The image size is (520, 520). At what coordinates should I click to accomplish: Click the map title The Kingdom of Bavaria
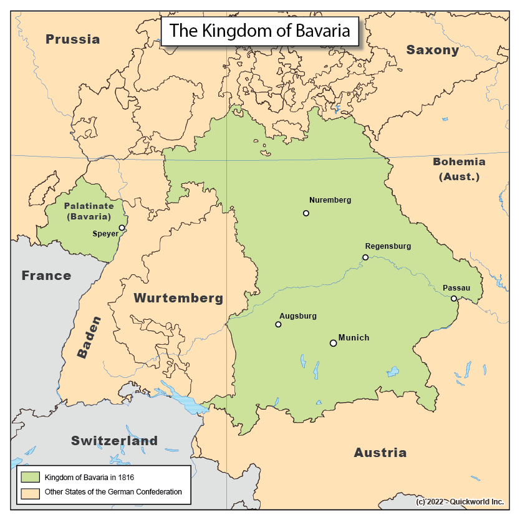260,31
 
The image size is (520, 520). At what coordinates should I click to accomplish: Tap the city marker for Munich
333,343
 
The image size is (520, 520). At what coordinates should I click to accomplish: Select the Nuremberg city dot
306,213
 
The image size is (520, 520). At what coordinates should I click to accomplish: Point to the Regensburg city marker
365,257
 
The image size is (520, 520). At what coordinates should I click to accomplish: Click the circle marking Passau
454,299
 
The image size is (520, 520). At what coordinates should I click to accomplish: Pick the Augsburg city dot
278,324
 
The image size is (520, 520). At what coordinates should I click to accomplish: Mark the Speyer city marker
122,228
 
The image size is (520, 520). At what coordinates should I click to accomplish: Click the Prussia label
73,39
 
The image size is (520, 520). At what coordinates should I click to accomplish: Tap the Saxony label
433,50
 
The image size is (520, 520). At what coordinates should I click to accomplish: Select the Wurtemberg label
178,298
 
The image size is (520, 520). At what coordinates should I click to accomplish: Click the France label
46,275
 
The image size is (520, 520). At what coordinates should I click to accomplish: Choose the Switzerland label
114,440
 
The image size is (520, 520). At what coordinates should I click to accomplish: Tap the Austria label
380,452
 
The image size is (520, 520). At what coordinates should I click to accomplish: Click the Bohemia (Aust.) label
459,169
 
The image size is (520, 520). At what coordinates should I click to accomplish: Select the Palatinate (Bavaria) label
88,211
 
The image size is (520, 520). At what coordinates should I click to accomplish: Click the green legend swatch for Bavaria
30,477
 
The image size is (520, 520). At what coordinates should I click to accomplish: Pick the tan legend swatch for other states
30,492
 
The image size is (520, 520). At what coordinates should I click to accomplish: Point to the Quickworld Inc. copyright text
460,501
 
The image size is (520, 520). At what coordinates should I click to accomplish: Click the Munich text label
354,338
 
